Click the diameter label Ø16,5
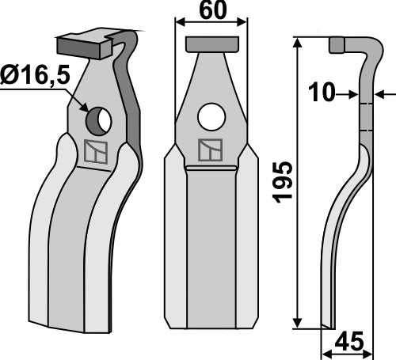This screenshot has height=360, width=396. pyautogui.click(x=36, y=78)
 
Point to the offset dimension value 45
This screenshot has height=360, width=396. pyautogui.click(x=351, y=343)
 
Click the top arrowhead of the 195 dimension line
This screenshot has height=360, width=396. pyautogui.click(x=299, y=43)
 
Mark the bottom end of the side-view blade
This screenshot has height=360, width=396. pyautogui.click(x=326, y=324)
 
